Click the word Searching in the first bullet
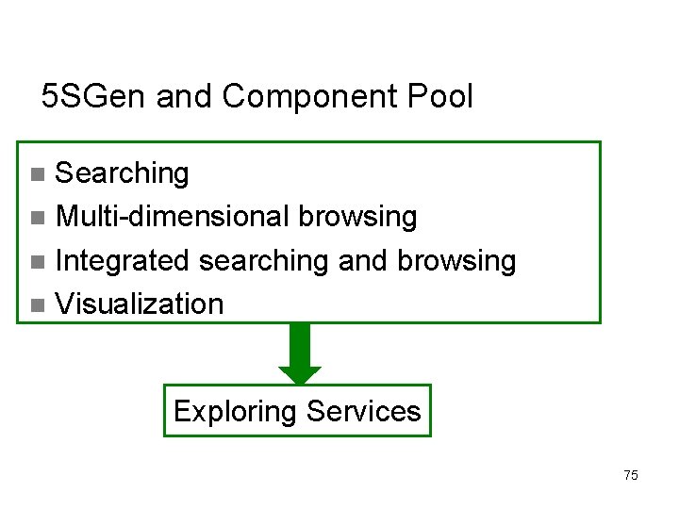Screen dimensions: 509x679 [x=123, y=173]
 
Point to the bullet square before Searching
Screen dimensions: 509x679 [x=37, y=174]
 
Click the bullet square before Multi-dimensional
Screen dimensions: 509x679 [x=37, y=219]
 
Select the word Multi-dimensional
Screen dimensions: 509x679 [x=173, y=217]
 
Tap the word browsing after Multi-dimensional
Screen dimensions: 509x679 [x=357, y=217]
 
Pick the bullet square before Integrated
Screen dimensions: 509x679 [x=37, y=262]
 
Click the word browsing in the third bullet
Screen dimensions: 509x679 [x=456, y=261]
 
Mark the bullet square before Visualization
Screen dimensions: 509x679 [x=37, y=305]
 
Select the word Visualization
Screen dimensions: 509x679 [x=140, y=304]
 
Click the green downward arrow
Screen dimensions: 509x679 [x=300, y=354]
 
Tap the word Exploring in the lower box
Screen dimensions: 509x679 [x=235, y=411]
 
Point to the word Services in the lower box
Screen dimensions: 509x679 [x=364, y=411]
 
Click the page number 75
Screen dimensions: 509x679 [x=631, y=475]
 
